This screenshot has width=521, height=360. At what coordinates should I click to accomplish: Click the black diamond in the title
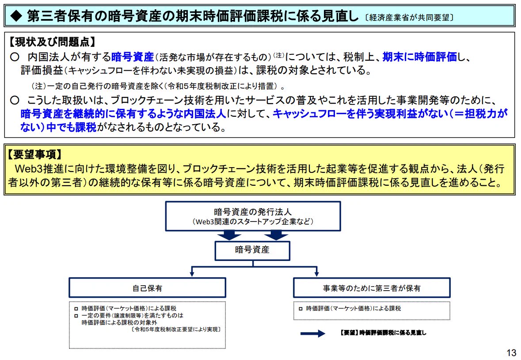pyautogui.click(x=16, y=16)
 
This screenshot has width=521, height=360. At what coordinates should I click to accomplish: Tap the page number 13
pyautogui.click(x=511, y=352)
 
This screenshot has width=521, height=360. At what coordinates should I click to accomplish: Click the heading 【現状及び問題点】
pyautogui.click(x=52, y=42)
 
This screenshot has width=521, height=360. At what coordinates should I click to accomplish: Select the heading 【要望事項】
pyautogui.click(x=35, y=154)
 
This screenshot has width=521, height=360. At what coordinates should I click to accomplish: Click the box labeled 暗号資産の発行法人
pyautogui.click(x=253, y=216)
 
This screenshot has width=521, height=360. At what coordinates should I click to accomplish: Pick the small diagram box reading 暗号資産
pyautogui.click(x=252, y=250)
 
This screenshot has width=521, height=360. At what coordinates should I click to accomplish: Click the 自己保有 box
pyautogui.click(x=147, y=288)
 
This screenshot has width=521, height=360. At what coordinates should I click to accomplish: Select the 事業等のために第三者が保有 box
pyautogui.click(x=372, y=288)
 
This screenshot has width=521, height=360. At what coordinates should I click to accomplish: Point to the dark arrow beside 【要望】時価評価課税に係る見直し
pyautogui.click(x=313, y=333)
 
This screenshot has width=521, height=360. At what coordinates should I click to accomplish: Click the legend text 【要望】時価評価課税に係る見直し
pyautogui.click(x=383, y=333)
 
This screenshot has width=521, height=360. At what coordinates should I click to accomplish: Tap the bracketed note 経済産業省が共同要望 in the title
pyautogui.click(x=409, y=18)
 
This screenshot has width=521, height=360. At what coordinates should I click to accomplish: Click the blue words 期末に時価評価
pyautogui.click(x=420, y=57)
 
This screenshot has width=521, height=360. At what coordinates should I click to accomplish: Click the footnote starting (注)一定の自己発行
pyautogui.click(x=158, y=86)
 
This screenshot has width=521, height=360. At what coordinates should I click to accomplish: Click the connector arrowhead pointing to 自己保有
pyautogui.click(x=192, y=273)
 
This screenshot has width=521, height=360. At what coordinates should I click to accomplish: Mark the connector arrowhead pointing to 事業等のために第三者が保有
pyautogui.click(x=317, y=273)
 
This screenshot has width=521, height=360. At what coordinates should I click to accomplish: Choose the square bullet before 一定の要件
pyautogui.click(x=76, y=315)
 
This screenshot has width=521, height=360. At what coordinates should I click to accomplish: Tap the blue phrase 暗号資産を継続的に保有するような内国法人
pyautogui.click(x=123, y=114)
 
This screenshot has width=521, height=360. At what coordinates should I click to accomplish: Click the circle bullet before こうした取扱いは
pyautogui.click(x=15, y=100)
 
